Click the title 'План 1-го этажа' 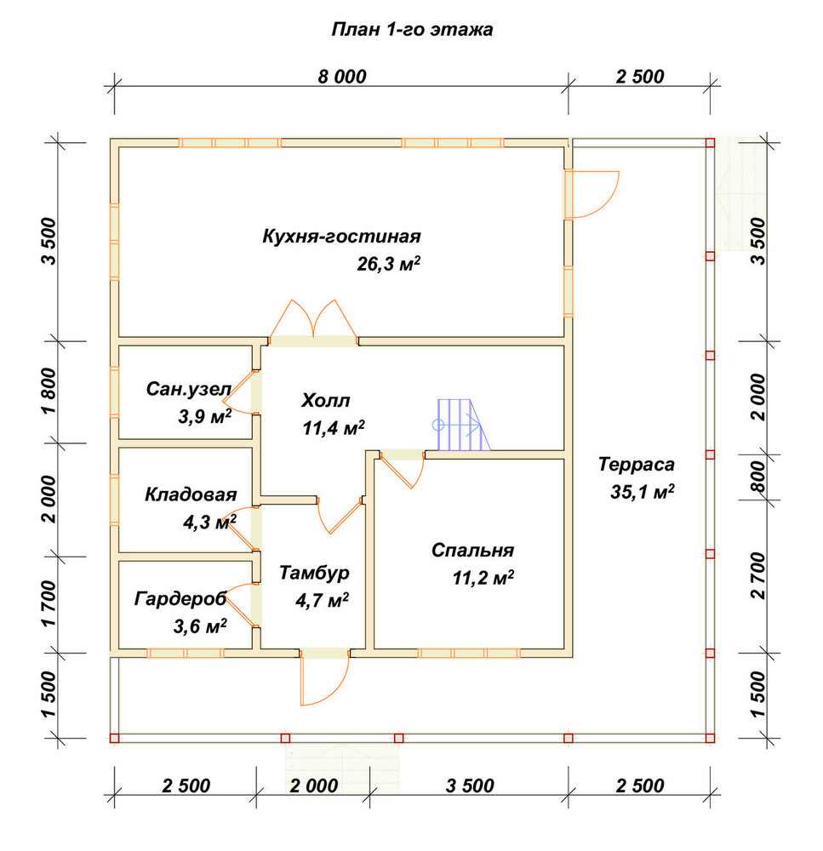[x=412, y=29]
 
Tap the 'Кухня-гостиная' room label [x=341, y=236]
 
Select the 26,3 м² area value [x=388, y=264]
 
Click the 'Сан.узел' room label [x=189, y=389]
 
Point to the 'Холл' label [x=326, y=401]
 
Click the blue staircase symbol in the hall [x=461, y=425]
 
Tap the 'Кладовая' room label [x=191, y=494]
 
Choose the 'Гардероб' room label [x=180, y=598]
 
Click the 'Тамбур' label [x=314, y=573]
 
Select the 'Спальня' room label [x=472, y=550]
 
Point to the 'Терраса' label [x=637, y=464]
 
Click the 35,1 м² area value [x=643, y=492]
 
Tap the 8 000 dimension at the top [x=342, y=77]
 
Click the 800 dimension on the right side [x=757, y=477]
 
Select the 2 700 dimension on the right [x=757, y=576]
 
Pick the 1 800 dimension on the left [x=49, y=391]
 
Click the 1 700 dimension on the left [x=49, y=603]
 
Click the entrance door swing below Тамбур [x=324, y=677]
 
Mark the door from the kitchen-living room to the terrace [x=592, y=194]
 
